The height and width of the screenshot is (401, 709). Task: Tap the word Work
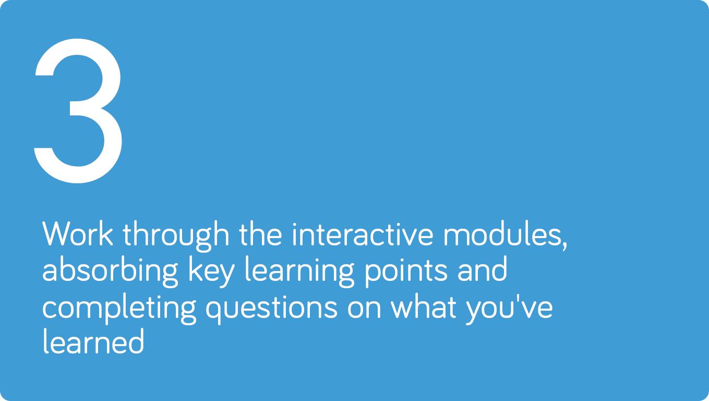tap(78, 234)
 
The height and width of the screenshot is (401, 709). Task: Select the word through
tap(176, 237)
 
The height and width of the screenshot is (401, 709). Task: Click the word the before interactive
tap(260, 234)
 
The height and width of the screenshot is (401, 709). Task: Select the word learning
tap(299, 272)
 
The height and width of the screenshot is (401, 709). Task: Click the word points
tap(406, 272)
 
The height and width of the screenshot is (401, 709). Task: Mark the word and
tap(483, 269)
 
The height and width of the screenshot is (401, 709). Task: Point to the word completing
tap(119, 309)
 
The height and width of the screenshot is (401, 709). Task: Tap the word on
tap(364, 308)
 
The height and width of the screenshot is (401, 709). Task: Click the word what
tap(424, 306)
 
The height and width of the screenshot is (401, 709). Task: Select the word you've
tap(509, 309)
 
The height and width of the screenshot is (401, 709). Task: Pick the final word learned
tap(93, 341)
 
